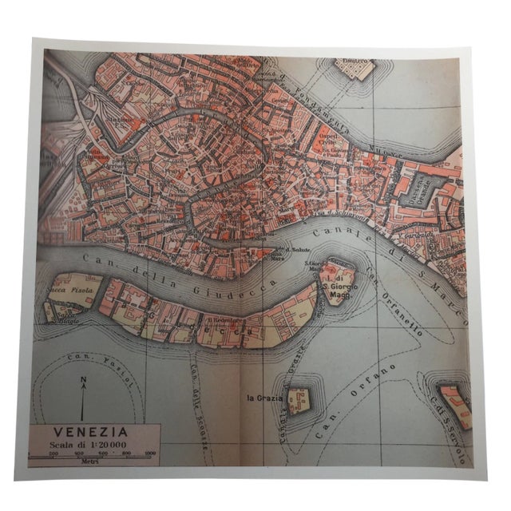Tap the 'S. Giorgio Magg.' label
pos(339,281)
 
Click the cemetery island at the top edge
pos(355,67)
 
